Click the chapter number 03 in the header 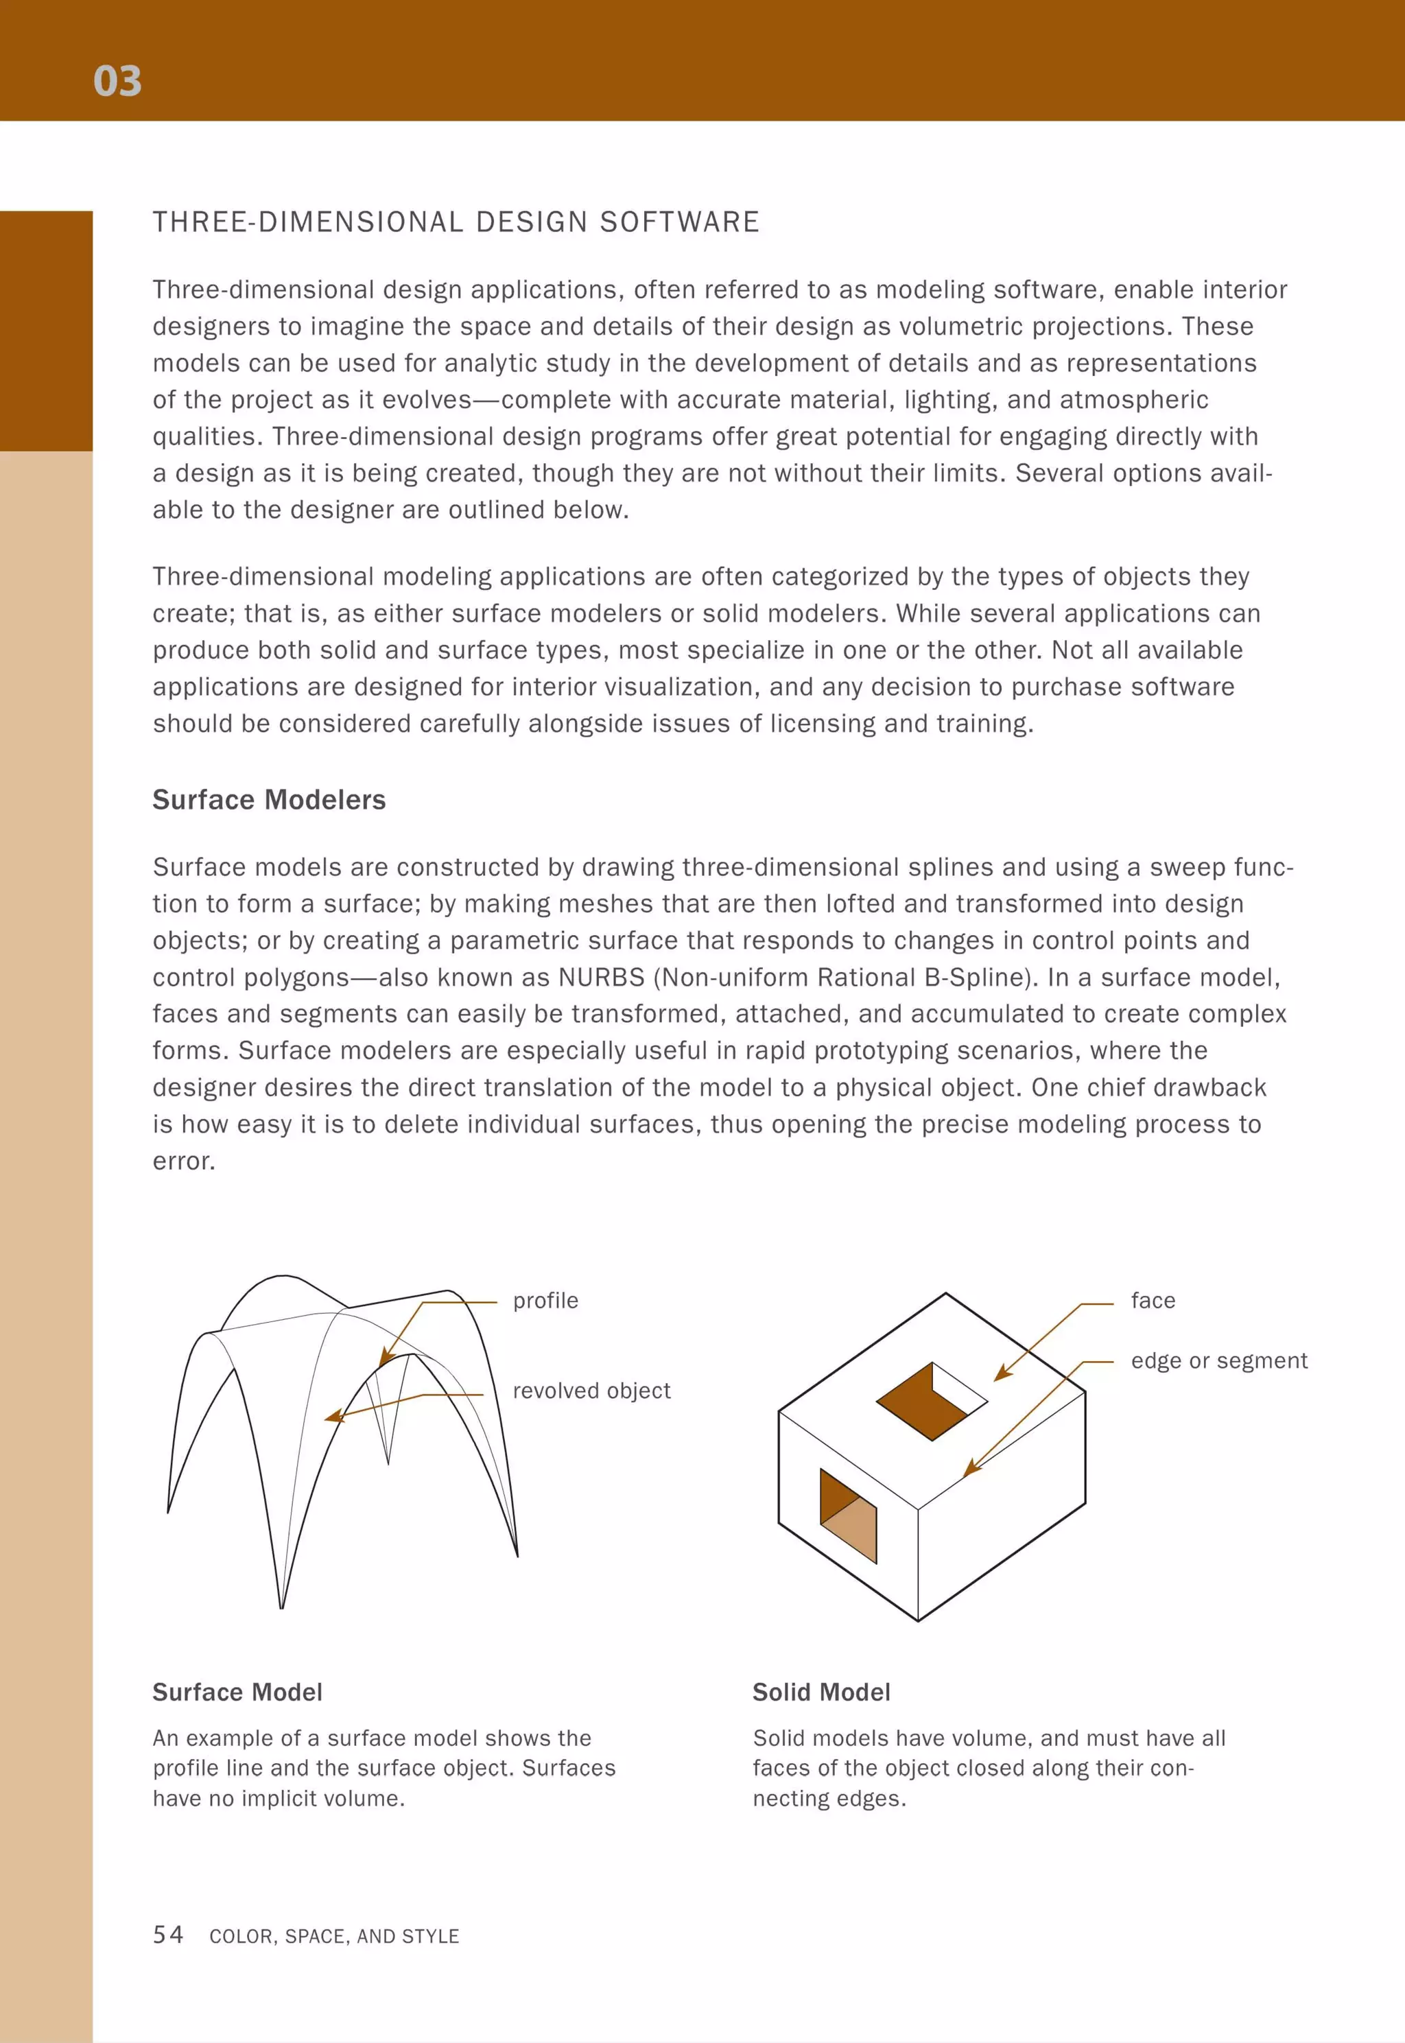[117, 81]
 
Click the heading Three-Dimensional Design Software [455, 222]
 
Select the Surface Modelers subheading [268, 799]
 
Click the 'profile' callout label [545, 1300]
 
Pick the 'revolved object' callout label [591, 1390]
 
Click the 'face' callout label [1153, 1300]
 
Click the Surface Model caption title [237, 1692]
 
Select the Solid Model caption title [820, 1692]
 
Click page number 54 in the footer [167, 1934]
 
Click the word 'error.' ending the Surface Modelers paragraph [183, 1161]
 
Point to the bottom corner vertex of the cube [917, 1620]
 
